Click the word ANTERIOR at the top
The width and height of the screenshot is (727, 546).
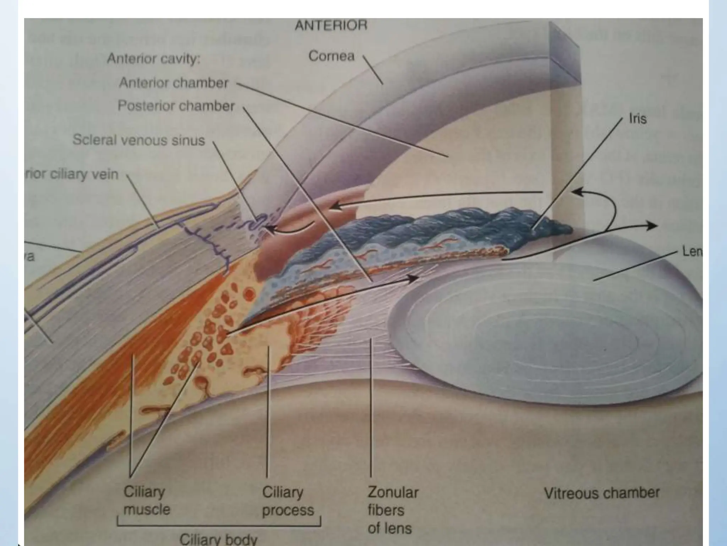331,26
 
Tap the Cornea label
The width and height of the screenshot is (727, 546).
331,56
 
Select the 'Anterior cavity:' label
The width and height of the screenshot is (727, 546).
154,59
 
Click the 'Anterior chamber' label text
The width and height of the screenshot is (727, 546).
174,83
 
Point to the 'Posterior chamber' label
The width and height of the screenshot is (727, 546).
176,106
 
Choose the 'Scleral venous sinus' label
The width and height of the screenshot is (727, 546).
139,140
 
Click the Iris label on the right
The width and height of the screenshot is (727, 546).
638,119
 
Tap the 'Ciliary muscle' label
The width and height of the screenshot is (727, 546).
146,500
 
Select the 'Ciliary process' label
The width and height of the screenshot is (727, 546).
288,501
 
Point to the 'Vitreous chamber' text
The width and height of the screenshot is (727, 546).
602,493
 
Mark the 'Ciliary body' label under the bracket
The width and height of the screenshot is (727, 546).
218,539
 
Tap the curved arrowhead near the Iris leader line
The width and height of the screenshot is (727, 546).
577,192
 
